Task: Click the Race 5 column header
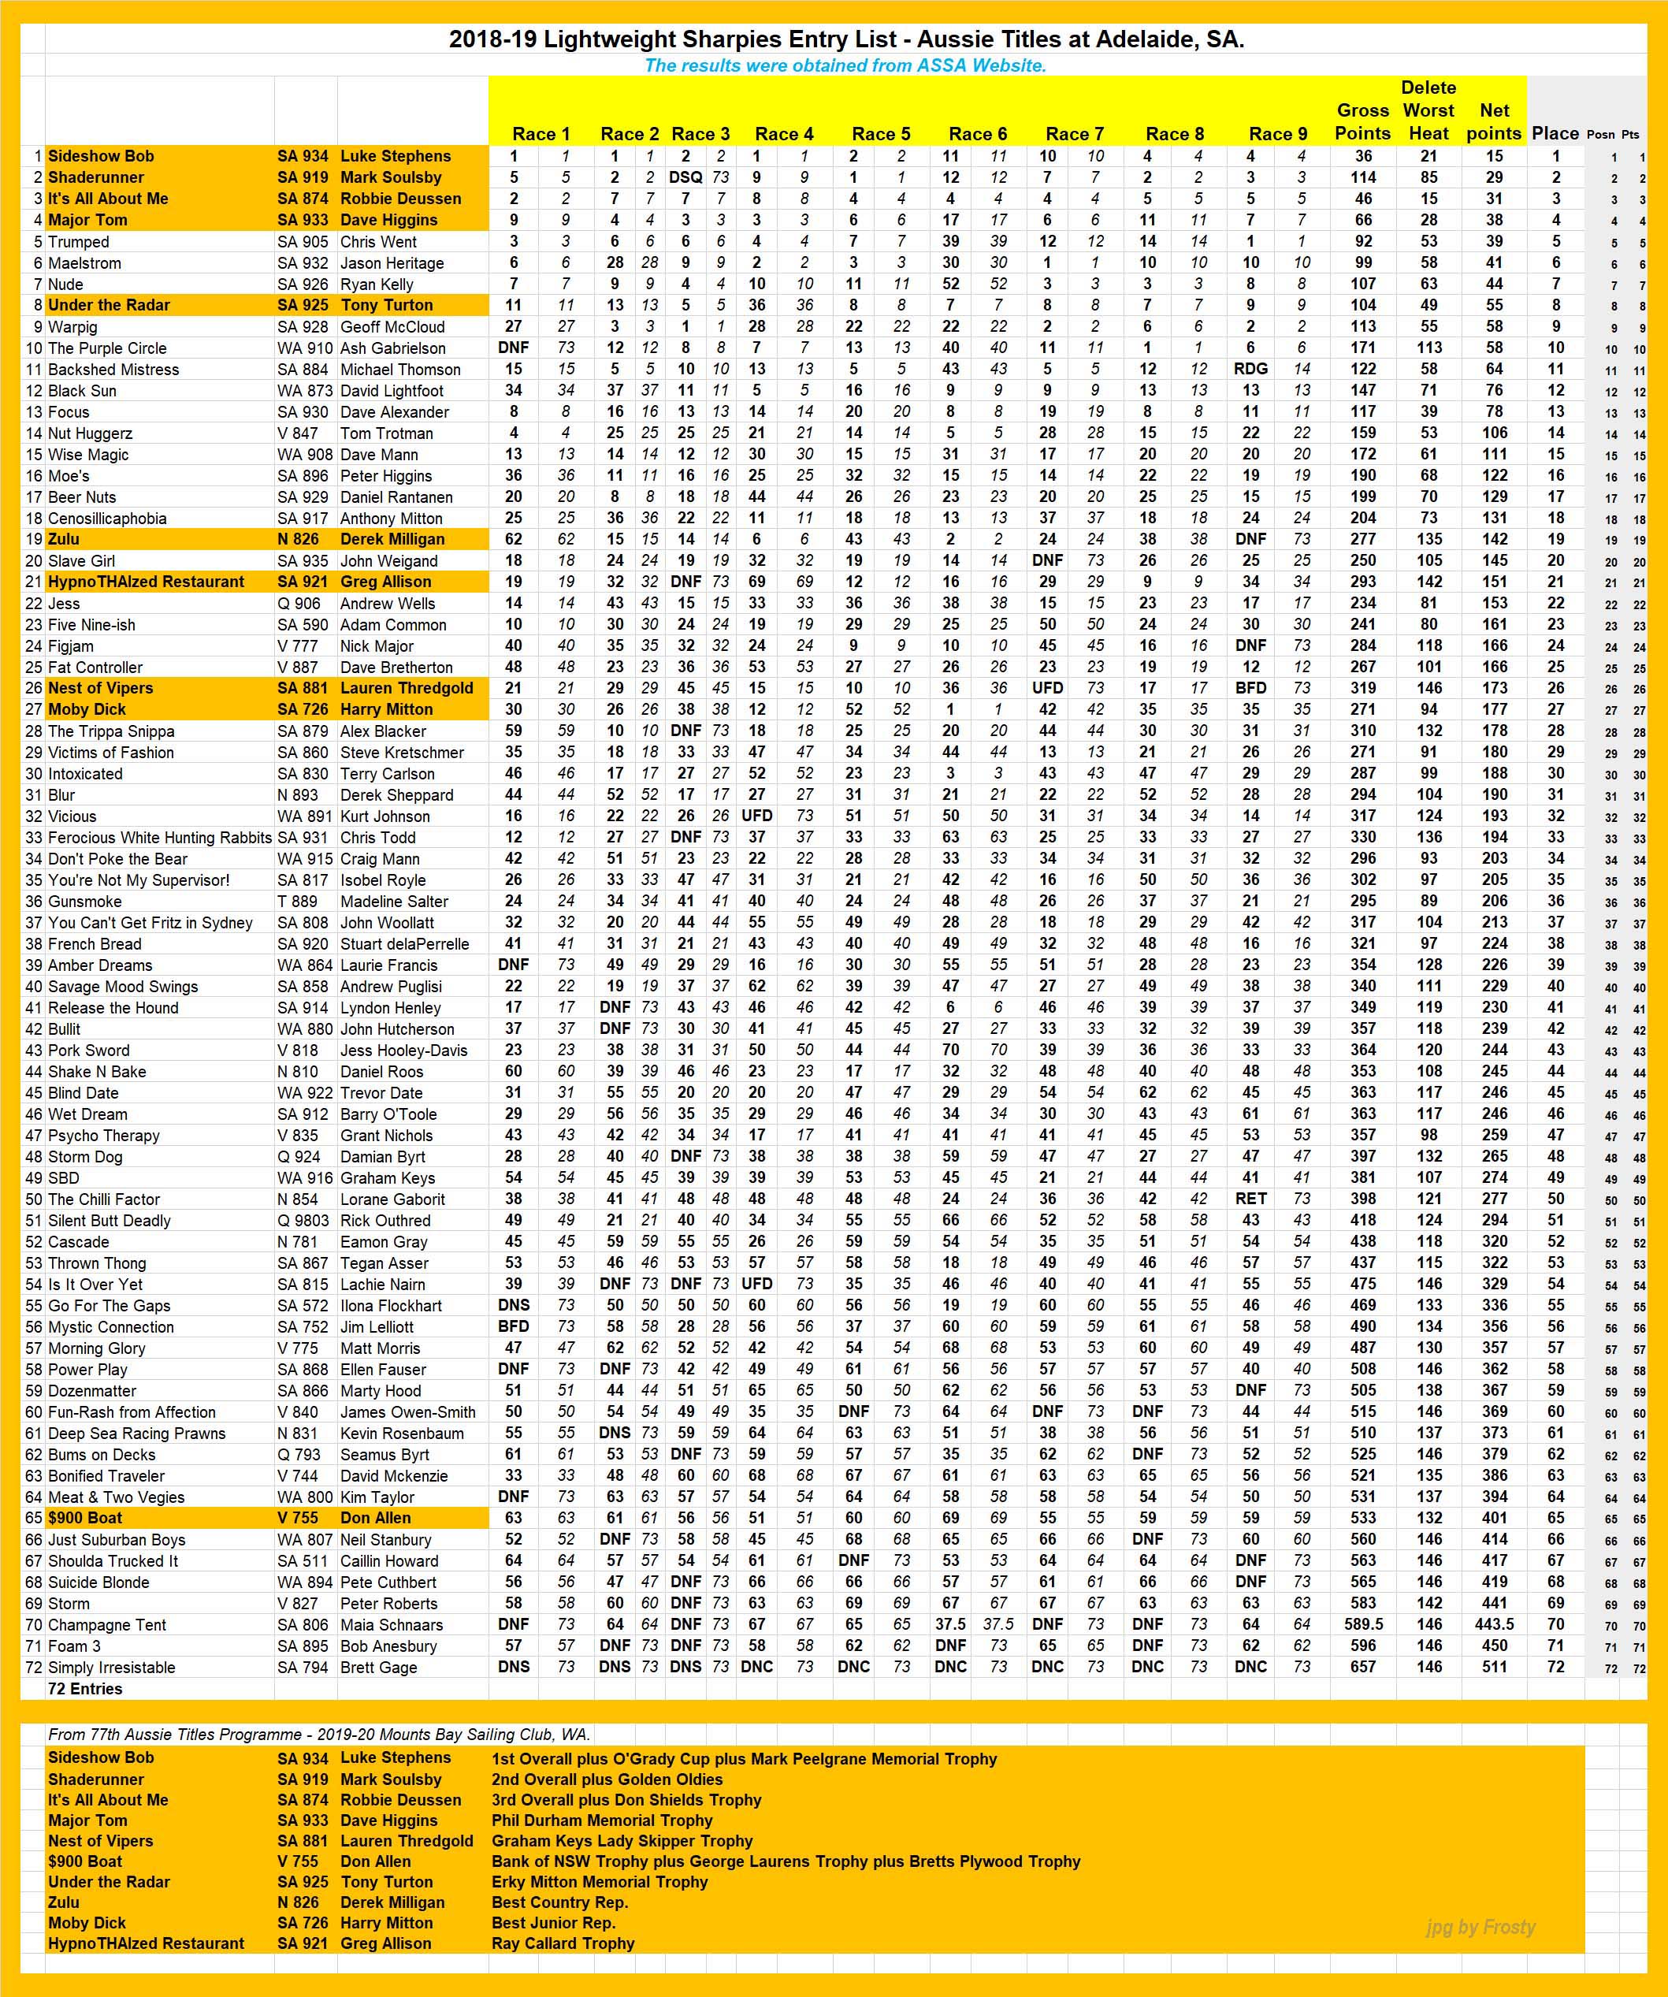(881, 134)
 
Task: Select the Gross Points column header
(1363, 121)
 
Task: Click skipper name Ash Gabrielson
(392, 348)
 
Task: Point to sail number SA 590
(303, 625)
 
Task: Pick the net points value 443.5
(1493, 1624)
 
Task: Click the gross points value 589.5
(1363, 1624)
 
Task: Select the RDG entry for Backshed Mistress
(1250, 369)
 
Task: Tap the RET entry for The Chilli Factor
(1250, 1199)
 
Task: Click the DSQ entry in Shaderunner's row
(685, 177)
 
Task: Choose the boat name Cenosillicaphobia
(107, 519)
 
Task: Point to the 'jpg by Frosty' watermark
(1480, 1927)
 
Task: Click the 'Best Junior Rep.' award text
(553, 1922)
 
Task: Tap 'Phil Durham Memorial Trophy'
(601, 1820)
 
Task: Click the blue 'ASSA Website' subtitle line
(845, 65)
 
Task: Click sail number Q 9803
(304, 1220)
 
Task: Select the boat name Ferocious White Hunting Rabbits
(160, 838)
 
